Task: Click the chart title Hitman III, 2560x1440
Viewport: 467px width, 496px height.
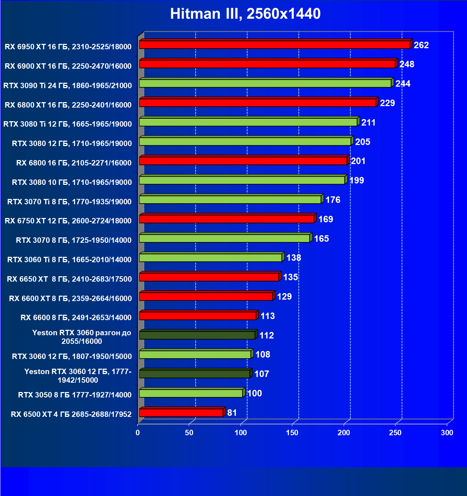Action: pyautogui.click(x=245, y=14)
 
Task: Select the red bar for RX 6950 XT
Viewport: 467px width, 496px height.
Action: pyautogui.click(x=274, y=45)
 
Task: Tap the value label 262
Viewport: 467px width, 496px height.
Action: pyautogui.click(x=421, y=45)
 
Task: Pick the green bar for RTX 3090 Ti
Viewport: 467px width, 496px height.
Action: pyautogui.click(x=265, y=83)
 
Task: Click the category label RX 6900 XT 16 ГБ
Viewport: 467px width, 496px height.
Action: pyautogui.click(x=68, y=66)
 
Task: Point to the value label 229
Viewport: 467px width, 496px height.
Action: pyautogui.click(x=387, y=103)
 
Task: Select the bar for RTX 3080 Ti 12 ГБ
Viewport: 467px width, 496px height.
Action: pyautogui.click(x=248, y=122)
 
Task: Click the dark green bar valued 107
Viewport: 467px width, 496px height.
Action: pyautogui.click(x=194, y=374)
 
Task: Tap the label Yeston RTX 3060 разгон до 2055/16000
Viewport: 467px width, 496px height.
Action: pyautogui.click(x=82, y=337)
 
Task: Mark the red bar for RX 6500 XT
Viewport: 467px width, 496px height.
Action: pyautogui.click(x=181, y=413)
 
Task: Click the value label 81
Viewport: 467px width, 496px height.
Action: pyautogui.click(x=232, y=413)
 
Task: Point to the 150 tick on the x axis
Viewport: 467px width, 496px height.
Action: pyautogui.click(x=292, y=433)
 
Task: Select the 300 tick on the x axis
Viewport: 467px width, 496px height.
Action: pyautogui.click(x=447, y=433)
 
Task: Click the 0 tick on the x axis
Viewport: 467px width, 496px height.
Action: pyautogui.click(x=138, y=433)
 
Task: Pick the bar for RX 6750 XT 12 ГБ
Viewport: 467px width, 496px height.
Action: pyautogui.click(x=226, y=219)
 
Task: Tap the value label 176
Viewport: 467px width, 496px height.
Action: pyautogui.click(x=333, y=200)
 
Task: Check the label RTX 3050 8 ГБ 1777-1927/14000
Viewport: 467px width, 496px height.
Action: pyautogui.click(x=75, y=395)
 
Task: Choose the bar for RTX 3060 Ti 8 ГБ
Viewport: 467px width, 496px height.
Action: pyautogui.click(x=210, y=258)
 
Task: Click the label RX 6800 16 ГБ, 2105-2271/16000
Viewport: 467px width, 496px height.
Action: pyautogui.click(x=74, y=163)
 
